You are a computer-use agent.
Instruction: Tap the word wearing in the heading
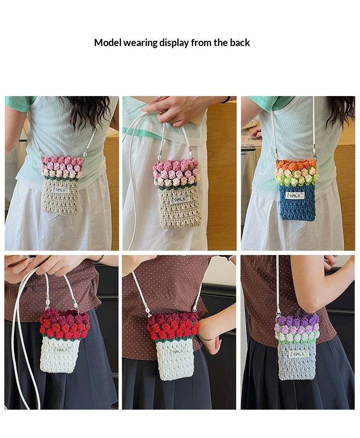coord(141,43)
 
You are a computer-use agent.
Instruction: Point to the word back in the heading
coord(240,43)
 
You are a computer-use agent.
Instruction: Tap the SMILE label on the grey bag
coord(298,354)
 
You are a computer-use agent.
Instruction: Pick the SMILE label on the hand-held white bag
coord(61,350)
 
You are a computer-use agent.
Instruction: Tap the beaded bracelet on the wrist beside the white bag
coord(205,339)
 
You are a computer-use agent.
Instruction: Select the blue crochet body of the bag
coord(297,203)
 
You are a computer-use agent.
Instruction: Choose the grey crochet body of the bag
coord(297,361)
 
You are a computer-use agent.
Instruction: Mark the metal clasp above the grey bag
coord(278,310)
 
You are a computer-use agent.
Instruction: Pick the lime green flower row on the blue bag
coord(297,181)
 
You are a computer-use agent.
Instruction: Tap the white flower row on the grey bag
coord(297,337)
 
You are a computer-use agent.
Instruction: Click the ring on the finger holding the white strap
coord(52,269)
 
